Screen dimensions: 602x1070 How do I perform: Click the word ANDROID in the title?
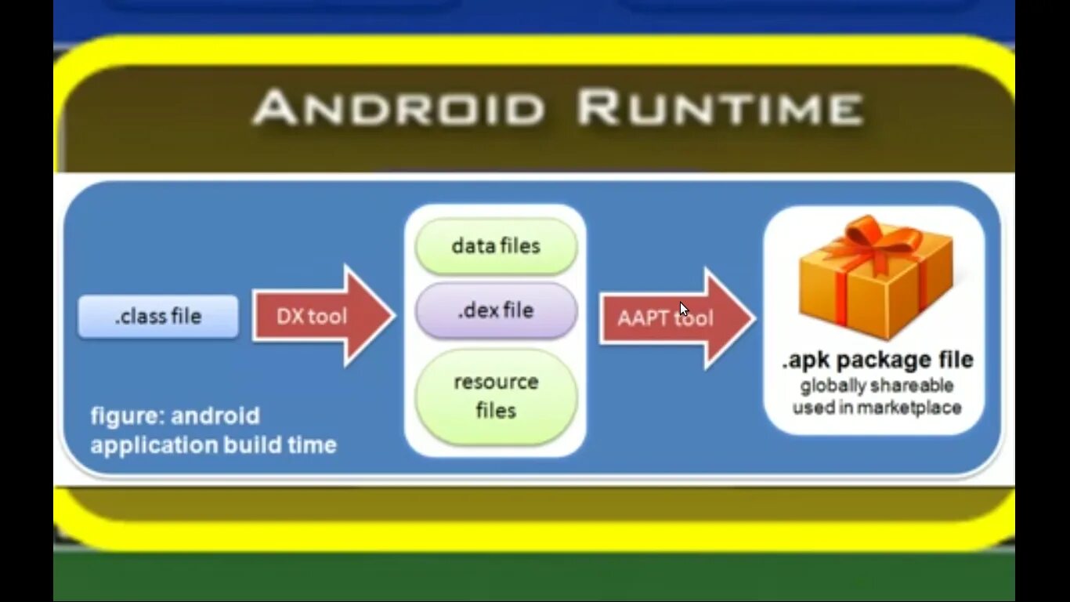tap(399, 108)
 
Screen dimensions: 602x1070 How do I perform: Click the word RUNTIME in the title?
tap(720, 108)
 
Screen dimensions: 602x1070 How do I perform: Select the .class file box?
tap(158, 317)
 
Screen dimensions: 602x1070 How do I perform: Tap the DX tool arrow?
tap(321, 316)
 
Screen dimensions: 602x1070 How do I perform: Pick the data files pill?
tap(496, 246)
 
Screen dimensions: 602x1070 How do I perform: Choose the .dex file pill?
tap(496, 310)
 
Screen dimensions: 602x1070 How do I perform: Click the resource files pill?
tap(496, 397)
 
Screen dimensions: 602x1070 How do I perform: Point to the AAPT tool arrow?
tap(674, 318)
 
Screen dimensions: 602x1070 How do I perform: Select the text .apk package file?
tap(877, 361)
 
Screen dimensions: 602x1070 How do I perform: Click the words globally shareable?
tap(877, 386)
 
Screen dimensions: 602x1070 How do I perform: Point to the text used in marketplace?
tap(877, 408)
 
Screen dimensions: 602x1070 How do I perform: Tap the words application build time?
tap(213, 445)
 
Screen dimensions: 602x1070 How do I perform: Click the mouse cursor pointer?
tap(684, 309)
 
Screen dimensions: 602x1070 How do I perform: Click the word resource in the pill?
tap(496, 383)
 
